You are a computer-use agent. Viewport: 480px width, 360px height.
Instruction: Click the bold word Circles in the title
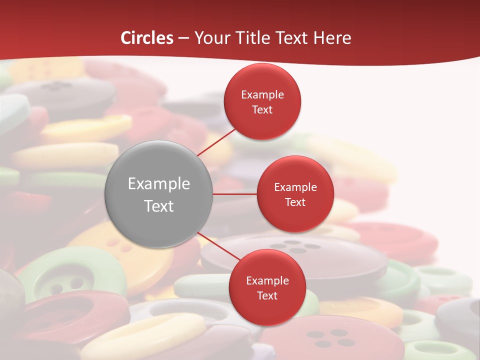[x=146, y=38]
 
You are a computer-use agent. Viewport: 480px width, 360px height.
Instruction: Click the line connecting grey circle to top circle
[x=217, y=142]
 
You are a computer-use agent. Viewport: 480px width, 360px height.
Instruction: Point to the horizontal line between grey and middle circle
[x=234, y=194]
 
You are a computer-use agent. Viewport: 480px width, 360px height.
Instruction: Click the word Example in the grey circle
[x=159, y=184]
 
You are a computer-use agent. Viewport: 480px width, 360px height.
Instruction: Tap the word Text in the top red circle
[x=262, y=110]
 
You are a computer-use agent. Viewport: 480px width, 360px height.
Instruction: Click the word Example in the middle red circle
[x=295, y=187]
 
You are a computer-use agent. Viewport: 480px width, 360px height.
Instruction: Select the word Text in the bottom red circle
[x=267, y=295]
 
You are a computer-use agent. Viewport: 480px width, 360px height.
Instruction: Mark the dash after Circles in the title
[x=183, y=38]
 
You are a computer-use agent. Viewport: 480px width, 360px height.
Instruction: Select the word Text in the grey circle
[x=159, y=206]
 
